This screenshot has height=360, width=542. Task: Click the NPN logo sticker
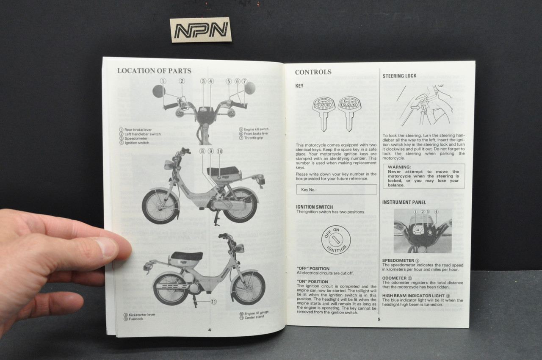200,30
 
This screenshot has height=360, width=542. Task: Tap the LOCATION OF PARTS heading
154,71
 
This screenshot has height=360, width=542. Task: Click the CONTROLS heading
313,72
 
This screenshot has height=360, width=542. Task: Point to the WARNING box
423,176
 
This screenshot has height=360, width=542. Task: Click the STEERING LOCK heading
399,76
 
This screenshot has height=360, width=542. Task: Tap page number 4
209,329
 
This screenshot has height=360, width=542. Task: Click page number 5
379,319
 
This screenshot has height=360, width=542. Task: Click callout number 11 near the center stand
213,302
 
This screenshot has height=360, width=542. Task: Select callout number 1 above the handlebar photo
163,81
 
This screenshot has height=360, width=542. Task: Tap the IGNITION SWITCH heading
314,207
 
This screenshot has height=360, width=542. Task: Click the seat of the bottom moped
186,256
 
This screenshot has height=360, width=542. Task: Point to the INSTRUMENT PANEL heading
404,202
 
